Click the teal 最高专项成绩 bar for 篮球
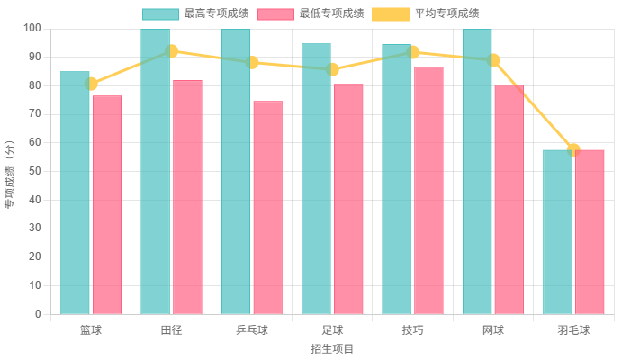(76, 193)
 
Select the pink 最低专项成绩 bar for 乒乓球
(267, 207)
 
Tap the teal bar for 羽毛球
(557, 231)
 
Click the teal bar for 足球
(316, 178)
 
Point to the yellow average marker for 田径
(171, 51)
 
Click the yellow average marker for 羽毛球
(573, 150)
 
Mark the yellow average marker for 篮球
(91, 84)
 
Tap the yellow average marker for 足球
(332, 69)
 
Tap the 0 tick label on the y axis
(38, 314)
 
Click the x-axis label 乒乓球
(251, 329)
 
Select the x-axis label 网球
(492, 329)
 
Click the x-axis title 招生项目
(331, 348)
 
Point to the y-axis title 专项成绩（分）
(10, 171)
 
